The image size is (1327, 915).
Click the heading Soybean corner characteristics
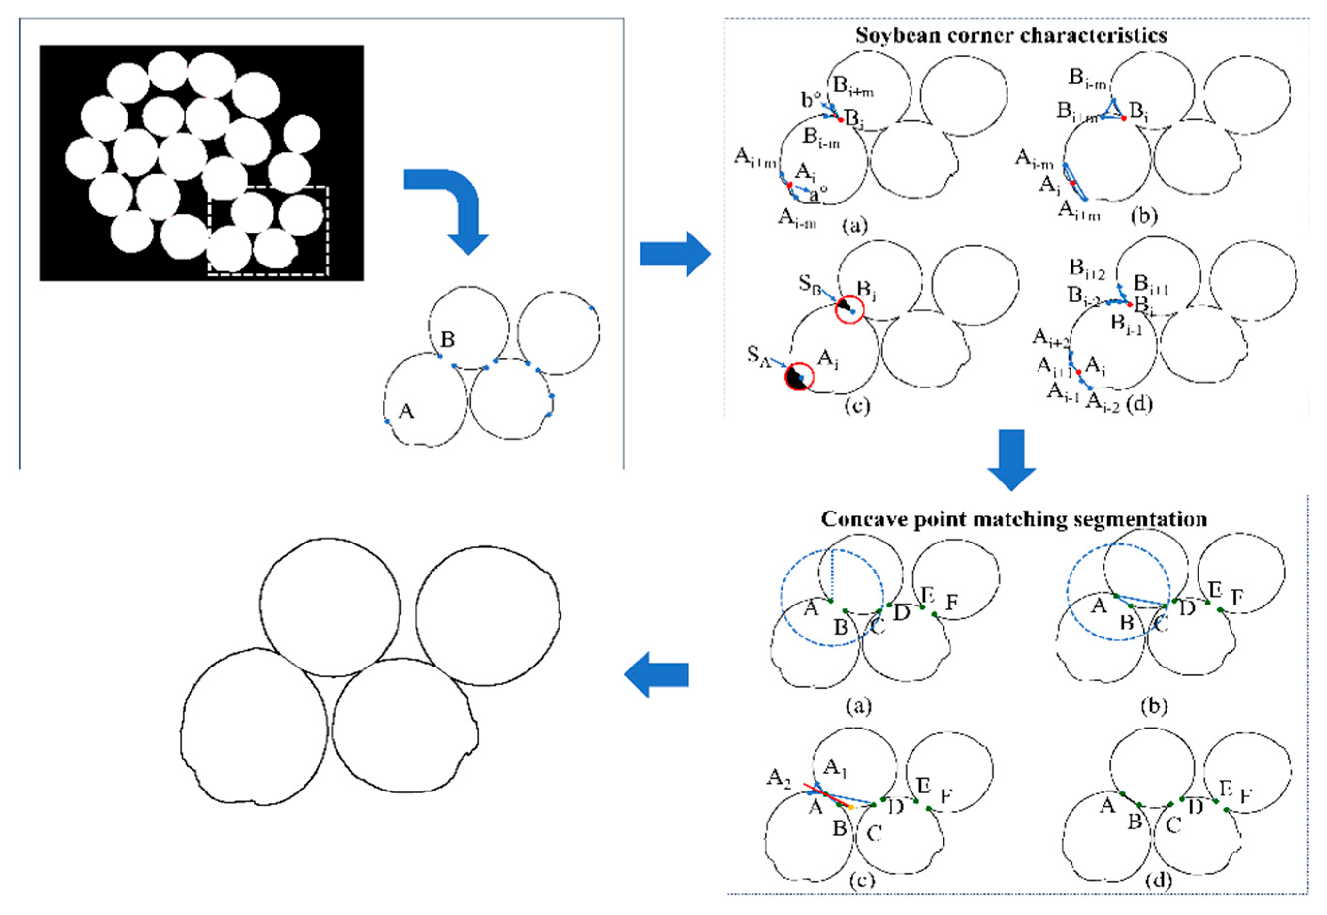pyautogui.click(x=1011, y=35)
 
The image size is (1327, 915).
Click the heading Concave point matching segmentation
pyautogui.click(x=1014, y=519)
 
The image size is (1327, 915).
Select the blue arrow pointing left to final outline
pyautogui.click(x=656, y=674)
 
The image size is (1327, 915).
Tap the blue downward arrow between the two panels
pyautogui.click(x=1011, y=459)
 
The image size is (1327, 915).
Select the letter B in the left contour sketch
pyautogui.click(x=448, y=340)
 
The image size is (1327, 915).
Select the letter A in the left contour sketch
pyautogui.click(x=406, y=410)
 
